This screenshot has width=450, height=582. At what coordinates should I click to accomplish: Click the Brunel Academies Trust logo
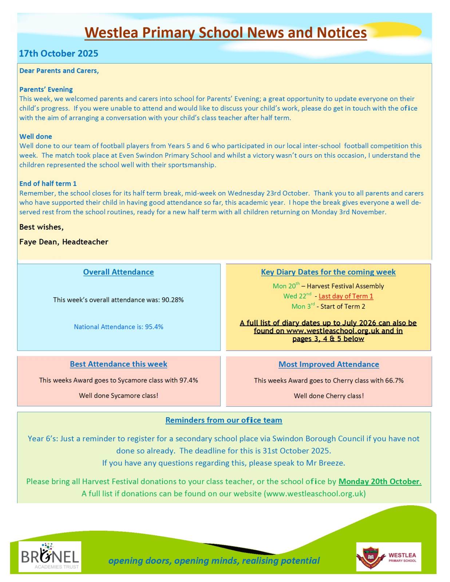[50, 557]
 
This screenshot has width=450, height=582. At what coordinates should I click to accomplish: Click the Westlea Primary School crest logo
[388, 557]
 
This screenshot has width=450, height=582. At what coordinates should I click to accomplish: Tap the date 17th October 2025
[58, 53]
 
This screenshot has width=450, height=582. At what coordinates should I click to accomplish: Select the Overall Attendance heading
[118, 272]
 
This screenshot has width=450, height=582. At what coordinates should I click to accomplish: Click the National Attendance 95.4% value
[154, 327]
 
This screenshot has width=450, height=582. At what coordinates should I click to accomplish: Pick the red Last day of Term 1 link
[346, 296]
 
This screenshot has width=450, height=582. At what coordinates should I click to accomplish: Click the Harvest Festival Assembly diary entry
[345, 286]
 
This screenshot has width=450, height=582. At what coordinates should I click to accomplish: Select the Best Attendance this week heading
[118, 364]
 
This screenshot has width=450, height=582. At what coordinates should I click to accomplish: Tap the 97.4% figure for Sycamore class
[189, 380]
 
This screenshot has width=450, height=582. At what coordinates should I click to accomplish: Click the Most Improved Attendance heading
[328, 364]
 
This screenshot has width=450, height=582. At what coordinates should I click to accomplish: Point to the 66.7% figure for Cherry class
[394, 380]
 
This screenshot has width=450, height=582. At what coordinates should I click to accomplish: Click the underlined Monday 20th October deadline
[380, 481]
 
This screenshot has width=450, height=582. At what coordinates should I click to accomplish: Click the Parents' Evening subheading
[46, 89]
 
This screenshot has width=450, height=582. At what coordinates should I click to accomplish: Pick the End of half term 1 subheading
[48, 183]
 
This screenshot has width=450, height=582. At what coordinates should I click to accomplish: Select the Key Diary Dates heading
[328, 272]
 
